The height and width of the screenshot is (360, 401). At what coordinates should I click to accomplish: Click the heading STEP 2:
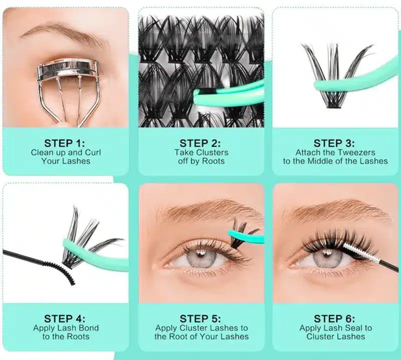(201, 143)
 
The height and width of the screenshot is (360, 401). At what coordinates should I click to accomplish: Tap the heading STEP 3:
(335, 143)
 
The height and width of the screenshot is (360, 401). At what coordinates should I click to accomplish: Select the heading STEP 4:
(65, 318)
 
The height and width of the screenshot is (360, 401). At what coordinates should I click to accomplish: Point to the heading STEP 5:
(201, 318)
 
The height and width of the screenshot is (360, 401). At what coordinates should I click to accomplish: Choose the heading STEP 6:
(335, 318)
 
